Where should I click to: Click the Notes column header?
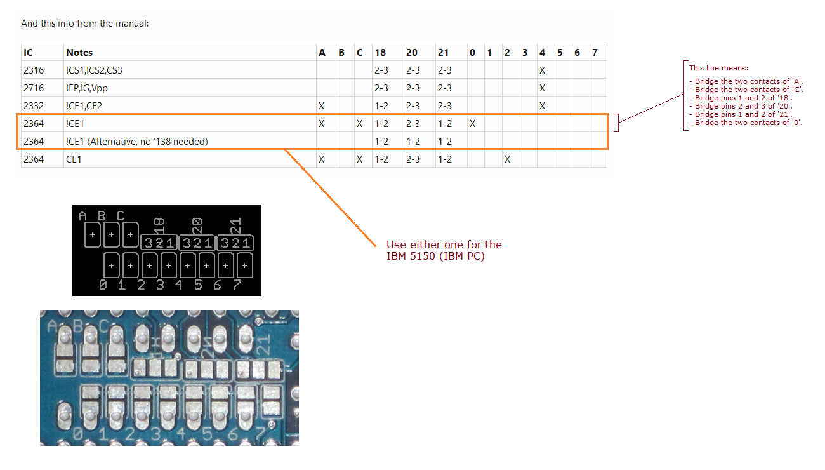[79, 52]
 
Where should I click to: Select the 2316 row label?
[34, 70]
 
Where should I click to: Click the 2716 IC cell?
[34, 88]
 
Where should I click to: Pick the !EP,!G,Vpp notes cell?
[87, 88]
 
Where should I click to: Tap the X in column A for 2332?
[322, 106]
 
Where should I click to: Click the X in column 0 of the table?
[473, 123]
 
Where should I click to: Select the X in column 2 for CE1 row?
[507, 159]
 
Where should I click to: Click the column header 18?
[380, 52]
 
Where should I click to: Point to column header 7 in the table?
[595, 52]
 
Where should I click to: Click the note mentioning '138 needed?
[137, 142]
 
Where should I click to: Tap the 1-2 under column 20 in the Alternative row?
[413, 142]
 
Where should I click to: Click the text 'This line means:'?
[718, 68]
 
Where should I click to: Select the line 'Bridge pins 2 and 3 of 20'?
[741, 106]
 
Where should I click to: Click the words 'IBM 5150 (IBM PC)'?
[435, 256]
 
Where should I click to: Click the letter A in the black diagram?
[83, 216]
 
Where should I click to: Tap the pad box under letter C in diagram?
[130, 234]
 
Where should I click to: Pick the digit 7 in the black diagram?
[237, 285]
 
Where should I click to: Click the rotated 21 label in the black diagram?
[235, 225]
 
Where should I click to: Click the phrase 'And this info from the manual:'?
[84, 23]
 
